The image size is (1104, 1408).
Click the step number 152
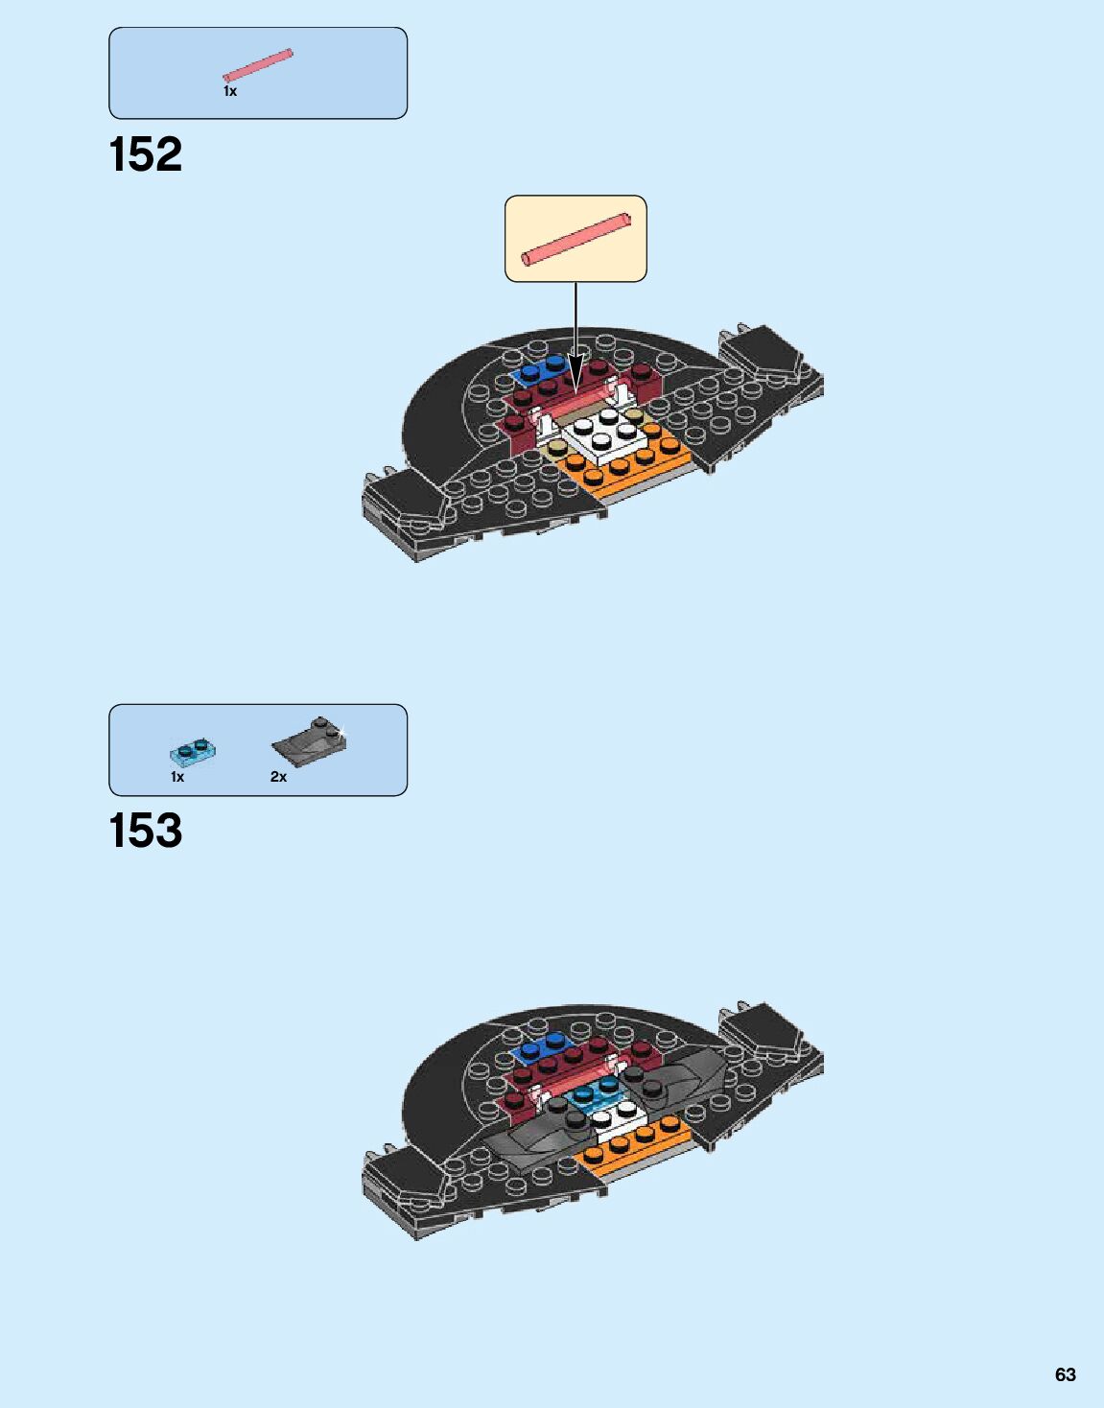(146, 154)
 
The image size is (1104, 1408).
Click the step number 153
(146, 831)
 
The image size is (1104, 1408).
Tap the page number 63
(1065, 1374)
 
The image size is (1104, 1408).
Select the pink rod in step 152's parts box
(257, 64)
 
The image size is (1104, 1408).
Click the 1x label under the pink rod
(230, 91)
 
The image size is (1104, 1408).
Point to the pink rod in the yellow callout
(576, 238)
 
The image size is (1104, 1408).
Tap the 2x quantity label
(278, 777)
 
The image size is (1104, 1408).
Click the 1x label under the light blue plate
(177, 777)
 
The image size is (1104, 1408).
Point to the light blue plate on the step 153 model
(595, 1093)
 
